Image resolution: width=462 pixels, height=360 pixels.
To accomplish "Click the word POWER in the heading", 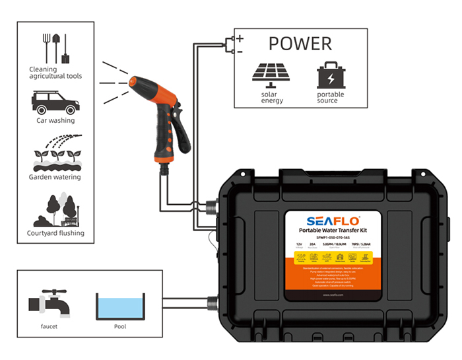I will (x=300, y=44).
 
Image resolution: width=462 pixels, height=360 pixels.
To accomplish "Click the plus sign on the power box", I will (x=240, y=39).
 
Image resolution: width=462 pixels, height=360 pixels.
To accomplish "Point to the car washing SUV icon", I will (x=55, y=103).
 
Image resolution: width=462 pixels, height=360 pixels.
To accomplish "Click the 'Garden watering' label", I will (x=55, y=177).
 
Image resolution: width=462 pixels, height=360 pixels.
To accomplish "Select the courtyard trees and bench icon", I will (x=56, y=211).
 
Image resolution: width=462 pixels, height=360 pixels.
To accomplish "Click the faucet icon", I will (x=46, y=305).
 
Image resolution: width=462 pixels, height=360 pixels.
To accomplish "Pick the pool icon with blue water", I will (x=119, y=306).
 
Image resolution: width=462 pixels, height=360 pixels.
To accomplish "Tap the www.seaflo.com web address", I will (x=333, y=295).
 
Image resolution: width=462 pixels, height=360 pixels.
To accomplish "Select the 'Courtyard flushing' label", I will (x=55, y=233).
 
